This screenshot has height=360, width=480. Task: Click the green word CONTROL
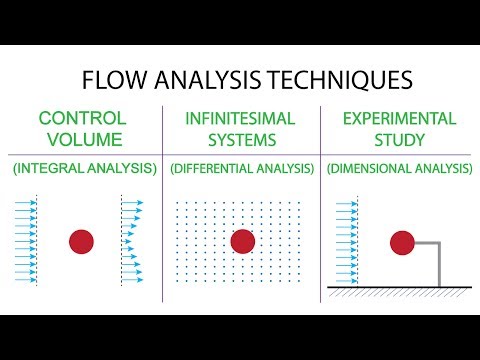point(84,119)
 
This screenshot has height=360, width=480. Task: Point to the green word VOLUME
point(84,139)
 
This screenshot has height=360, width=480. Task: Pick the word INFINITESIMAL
point(240,119)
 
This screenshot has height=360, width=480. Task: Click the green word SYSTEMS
point(240,139)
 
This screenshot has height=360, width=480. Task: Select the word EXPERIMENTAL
point(398,119)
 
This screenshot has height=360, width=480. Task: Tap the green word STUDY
point(398,139)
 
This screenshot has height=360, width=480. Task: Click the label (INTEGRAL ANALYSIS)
point(84,170)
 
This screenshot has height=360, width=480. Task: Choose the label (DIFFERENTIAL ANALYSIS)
point(240,170)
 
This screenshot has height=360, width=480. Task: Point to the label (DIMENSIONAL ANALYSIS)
point(398,170)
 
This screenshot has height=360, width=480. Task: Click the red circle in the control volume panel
point(82,241)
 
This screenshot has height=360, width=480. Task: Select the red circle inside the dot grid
point(242,241)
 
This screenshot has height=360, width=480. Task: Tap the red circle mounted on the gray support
point(402,241)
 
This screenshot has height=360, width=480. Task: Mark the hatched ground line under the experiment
point(400,290)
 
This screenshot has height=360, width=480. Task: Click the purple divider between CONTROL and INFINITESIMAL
point(162,200)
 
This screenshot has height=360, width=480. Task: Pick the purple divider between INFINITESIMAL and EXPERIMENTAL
point(320,200)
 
